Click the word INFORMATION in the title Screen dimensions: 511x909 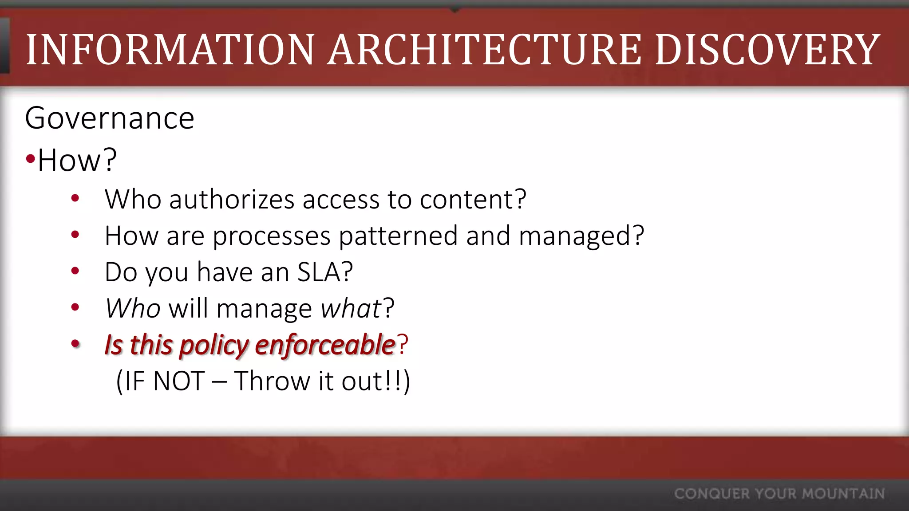coord(170,50)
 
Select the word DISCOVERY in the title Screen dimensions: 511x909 coord(767,50)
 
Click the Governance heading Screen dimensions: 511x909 coord(110,118)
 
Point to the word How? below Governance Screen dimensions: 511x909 coord(77,161)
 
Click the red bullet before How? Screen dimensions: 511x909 coord(30,159)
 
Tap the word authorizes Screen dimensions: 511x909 coord(232,199)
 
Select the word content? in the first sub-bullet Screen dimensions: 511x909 coord(473,199)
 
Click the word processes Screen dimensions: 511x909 coord(271,236)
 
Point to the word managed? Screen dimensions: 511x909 coord(581,236)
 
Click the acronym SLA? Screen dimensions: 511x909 coord(325,272)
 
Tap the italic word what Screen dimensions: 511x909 coord(351,308)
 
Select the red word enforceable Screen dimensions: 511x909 coord(325,345)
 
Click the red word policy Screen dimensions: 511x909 coord(213,346)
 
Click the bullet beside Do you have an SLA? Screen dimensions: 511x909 coord(75,271)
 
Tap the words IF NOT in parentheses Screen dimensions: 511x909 coord(164,381)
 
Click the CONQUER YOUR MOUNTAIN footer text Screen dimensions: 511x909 coord(779,494)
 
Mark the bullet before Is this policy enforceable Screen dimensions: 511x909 coord(75,343)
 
